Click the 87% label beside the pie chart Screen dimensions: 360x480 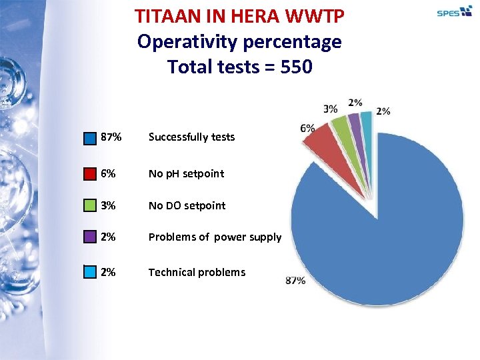295,281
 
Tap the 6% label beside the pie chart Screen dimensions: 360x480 307,129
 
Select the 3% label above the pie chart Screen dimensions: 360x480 330,109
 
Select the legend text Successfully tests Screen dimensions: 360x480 191,137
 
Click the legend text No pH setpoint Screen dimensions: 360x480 186,173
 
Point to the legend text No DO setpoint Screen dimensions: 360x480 187,205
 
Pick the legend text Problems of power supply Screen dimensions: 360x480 215,237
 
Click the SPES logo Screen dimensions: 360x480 454,11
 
